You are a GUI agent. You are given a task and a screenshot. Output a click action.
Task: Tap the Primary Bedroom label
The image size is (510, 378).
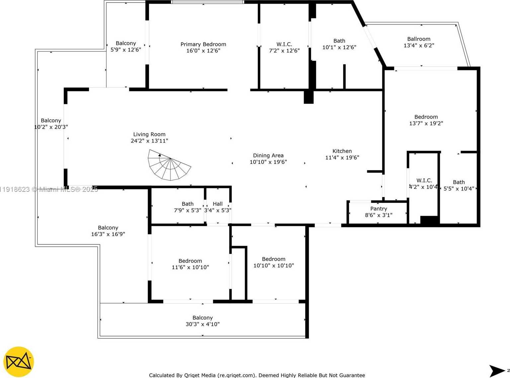coord(203,44)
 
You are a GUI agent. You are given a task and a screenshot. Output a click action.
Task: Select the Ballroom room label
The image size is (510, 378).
coord(419,39)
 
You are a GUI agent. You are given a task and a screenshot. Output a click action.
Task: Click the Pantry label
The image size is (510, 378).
coord(379,209)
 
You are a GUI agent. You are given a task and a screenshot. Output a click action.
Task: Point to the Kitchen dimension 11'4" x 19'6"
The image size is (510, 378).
coord(342,158)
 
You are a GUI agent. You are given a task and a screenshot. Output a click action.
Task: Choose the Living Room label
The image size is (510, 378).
coord(149,134)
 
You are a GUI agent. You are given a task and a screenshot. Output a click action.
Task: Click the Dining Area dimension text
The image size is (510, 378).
coord(268,162)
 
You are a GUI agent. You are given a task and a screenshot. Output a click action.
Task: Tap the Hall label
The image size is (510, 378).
coord(218,204)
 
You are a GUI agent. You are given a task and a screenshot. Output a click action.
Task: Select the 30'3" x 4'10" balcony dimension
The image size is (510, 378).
coord(203,324)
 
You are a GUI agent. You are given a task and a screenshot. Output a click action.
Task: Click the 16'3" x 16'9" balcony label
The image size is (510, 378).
coord(108,228)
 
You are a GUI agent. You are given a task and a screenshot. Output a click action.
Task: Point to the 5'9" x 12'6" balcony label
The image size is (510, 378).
coord(126,43)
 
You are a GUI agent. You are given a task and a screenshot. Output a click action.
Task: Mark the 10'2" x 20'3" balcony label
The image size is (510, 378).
coord(51,120)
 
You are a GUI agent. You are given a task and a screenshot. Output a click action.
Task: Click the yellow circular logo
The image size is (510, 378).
coord(19,362)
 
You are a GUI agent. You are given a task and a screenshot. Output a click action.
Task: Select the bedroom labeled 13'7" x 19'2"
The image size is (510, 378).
coord(426,117)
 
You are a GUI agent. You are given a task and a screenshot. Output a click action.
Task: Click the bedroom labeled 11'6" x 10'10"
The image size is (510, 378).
coord(190,261)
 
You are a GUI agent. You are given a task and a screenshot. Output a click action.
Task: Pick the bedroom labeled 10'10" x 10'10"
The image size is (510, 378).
coord(274,259)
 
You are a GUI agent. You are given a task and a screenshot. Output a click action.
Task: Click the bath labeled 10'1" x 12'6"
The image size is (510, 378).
coord(339,41)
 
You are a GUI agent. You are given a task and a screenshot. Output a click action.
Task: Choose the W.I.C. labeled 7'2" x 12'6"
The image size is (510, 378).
coord(284,44)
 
